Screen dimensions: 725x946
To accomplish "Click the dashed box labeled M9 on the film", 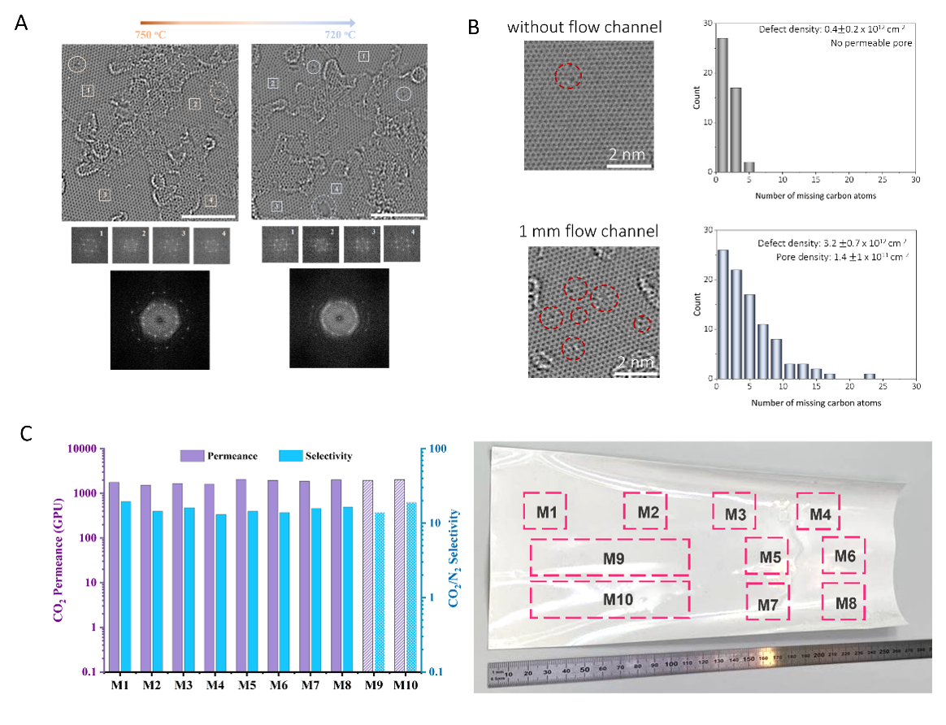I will (x=610, y=558).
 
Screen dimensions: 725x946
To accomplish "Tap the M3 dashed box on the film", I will (x=734, y=513).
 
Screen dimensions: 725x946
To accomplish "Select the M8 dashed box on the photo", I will (x=844, y=602).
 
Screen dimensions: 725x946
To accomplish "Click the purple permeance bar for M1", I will (x=114, y=577).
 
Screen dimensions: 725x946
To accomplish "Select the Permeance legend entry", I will (x=219, y=456).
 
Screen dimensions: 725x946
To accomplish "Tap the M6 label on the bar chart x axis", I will (x=279, y=686).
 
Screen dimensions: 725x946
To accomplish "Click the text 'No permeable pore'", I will (x=872, y=43).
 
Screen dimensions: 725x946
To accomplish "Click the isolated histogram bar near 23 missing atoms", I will (x=870, y=376).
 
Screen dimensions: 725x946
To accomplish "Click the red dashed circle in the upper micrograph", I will (x=569, y=76).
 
